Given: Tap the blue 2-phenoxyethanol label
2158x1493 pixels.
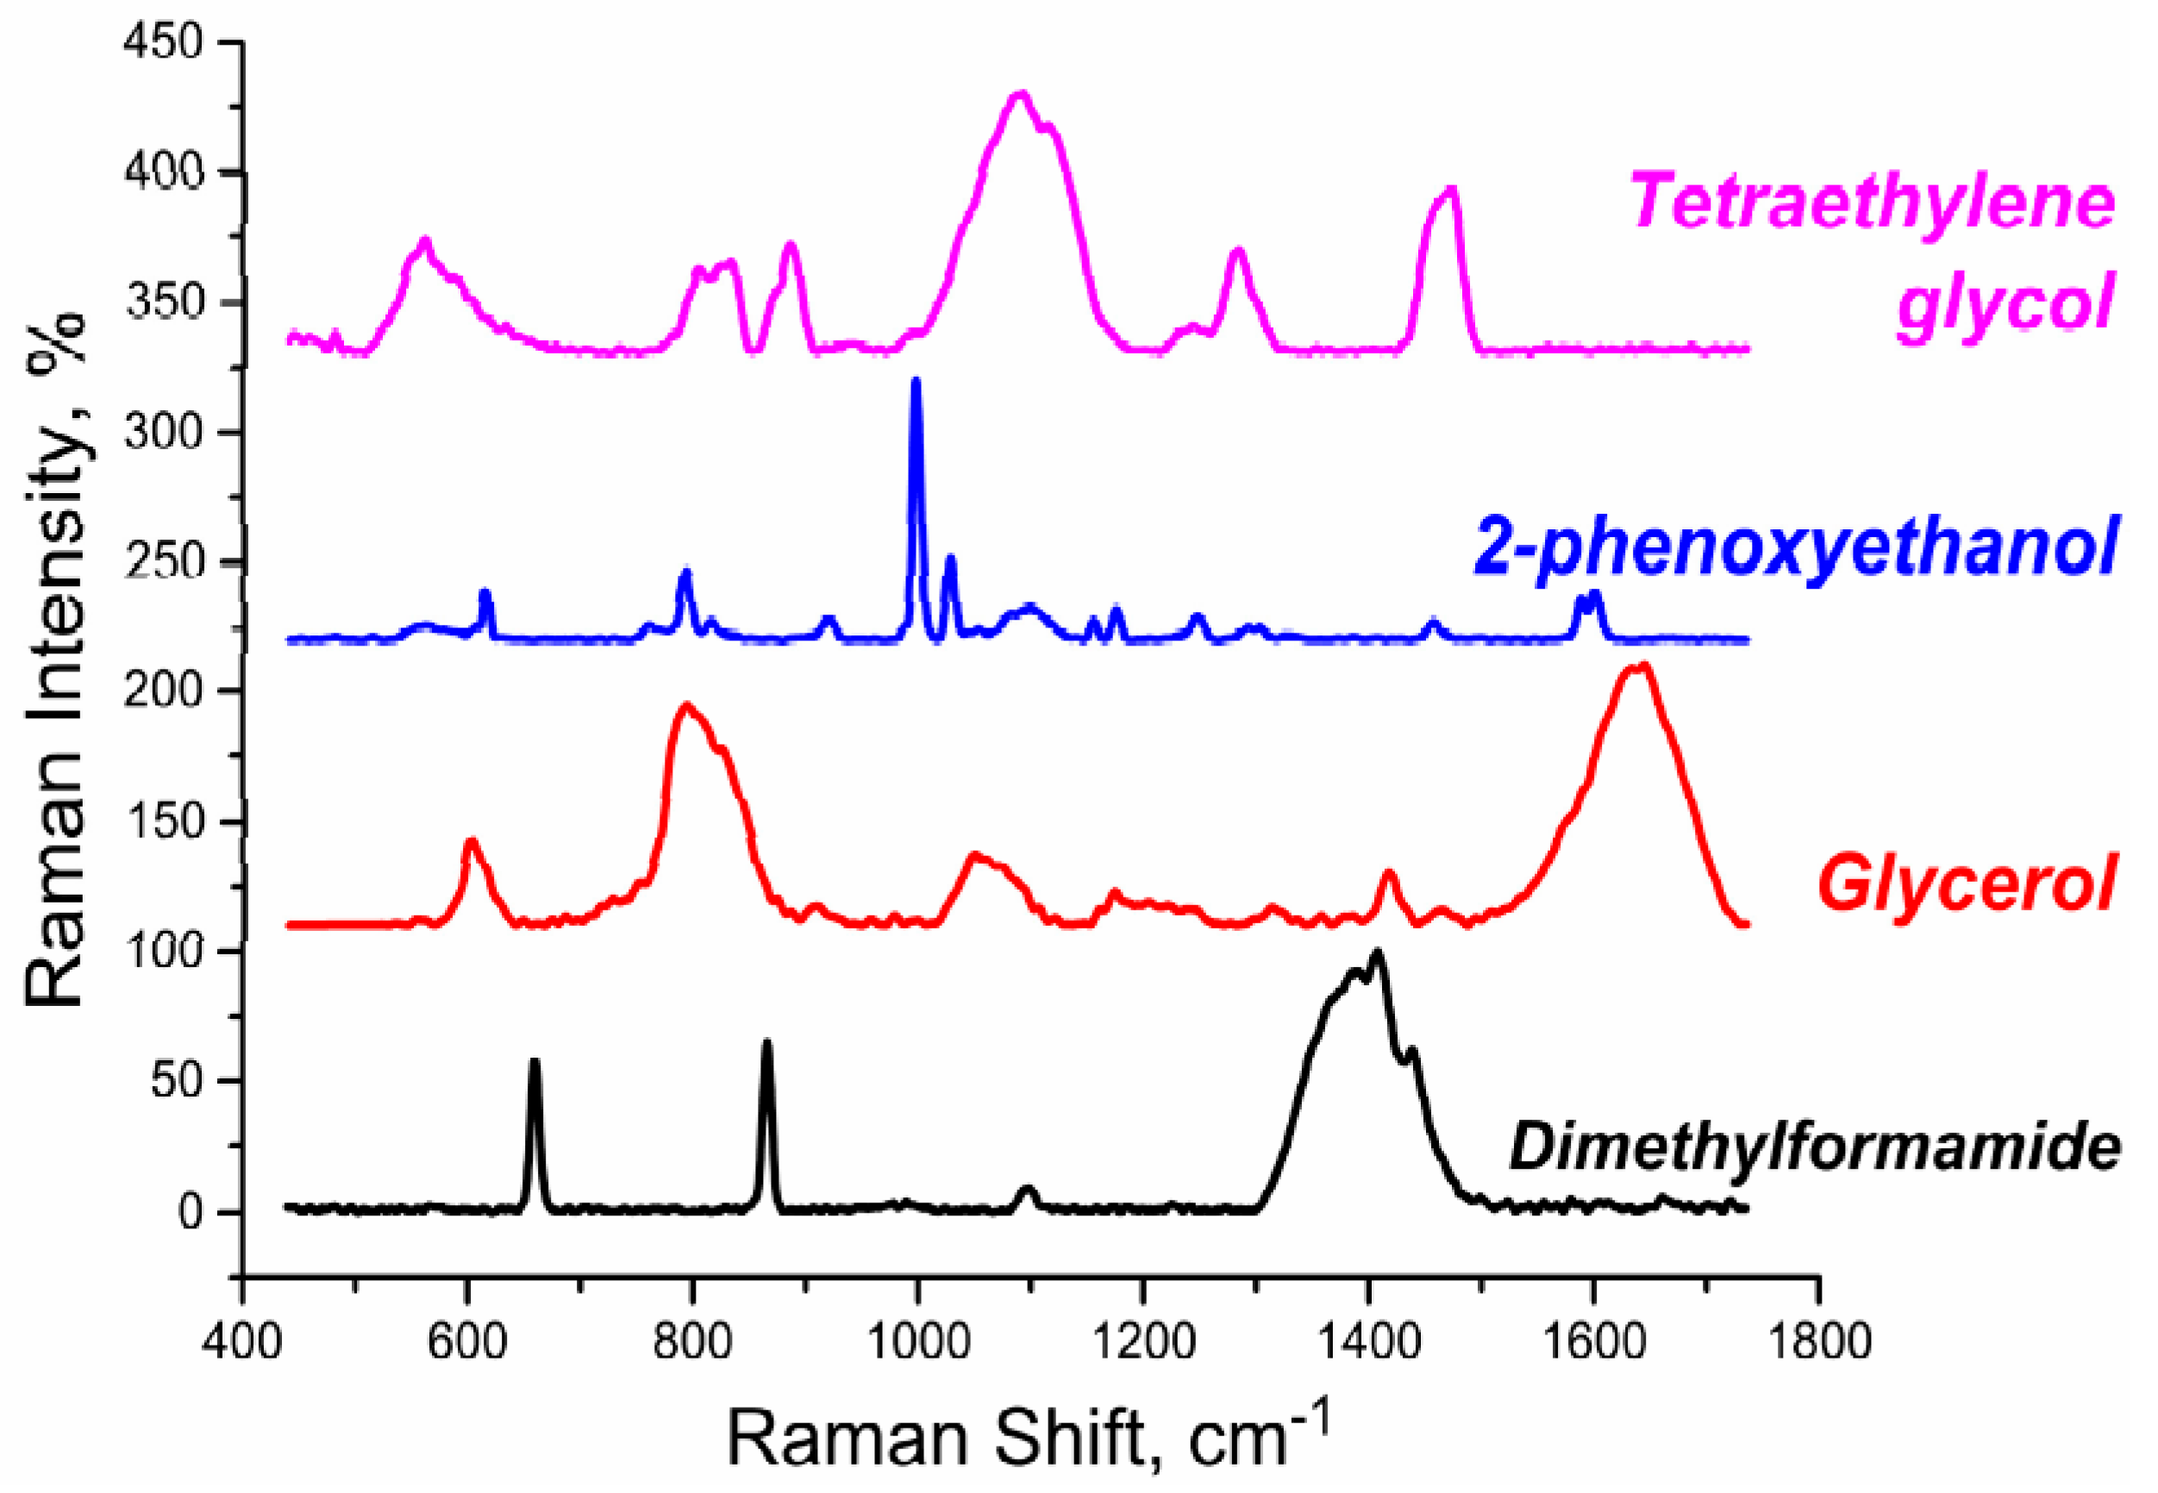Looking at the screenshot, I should pyautogui.click(x=1795, y=548).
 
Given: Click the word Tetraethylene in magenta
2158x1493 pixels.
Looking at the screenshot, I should pyautogui.click(x=1873, y=202).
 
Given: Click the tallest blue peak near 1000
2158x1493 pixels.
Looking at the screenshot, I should pyautogui.click(x=916, y=381).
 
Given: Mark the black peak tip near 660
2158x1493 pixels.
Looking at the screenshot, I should pyautogui.click(x=535, y=1061).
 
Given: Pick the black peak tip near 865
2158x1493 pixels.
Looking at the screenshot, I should pyautogui.click(x=767, y=1041).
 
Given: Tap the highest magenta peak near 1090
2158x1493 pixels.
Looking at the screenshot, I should pyautogui.click(x=1021, y=94).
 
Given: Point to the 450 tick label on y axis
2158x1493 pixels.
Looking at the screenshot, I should pyautogui.click(x=163, y=43).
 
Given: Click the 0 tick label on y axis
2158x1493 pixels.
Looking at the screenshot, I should pyautogui.click(x=190, y=1212).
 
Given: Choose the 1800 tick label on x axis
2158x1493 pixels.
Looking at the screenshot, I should pyautogui.click(x=1818, y=1341).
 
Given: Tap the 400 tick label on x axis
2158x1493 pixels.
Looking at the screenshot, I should pyautogui.click(x=242, y=1341).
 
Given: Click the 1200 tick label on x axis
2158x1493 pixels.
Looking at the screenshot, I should pyautogui.click(x=1143, y=1341).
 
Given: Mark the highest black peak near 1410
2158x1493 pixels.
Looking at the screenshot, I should pyautogui.click(x=1376, y=953).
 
